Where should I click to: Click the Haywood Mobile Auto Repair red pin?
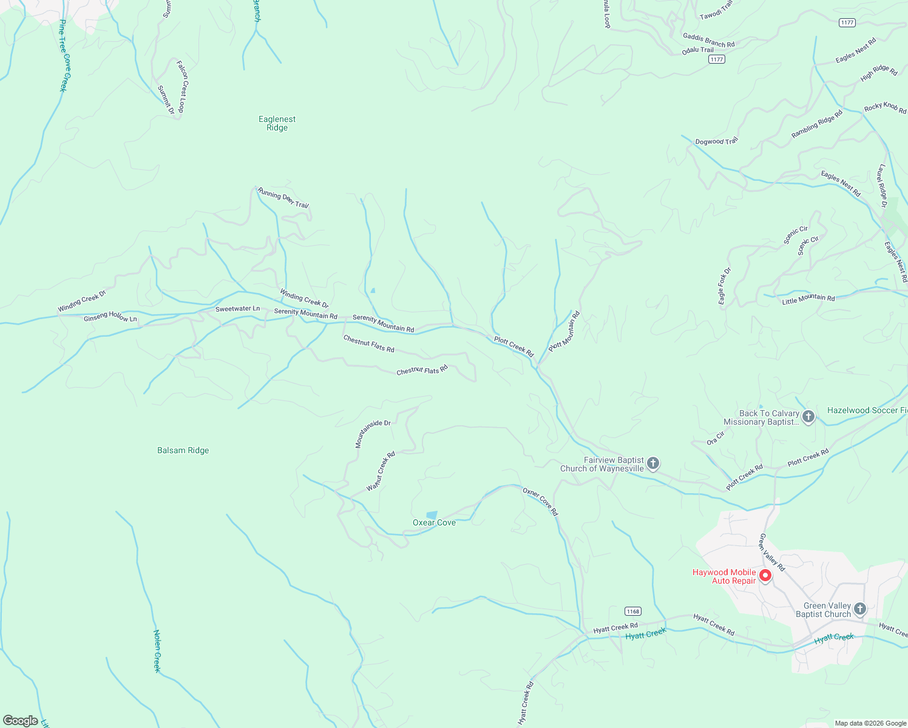tap(765, 575)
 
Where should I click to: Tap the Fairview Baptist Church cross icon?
tap(653, 464)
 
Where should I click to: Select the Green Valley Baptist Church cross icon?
tap(859, 608)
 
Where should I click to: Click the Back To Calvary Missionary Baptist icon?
tap(808, 417)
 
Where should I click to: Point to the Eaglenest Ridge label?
tap(277, 123)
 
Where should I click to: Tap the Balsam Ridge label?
tap(183, 450)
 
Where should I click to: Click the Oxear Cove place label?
tap(434, 522)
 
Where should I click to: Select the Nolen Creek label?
tap(157, 651)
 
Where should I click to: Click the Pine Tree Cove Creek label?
tap(64, 56)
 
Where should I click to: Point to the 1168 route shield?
tap(632, 611)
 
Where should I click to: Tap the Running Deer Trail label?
tap(283, 198)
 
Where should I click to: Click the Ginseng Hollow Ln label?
tap(110, 317)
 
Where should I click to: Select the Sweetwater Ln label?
tap(237, 309)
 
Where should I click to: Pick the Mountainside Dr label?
tap(372, 433)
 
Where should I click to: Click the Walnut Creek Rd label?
tap(381, 471)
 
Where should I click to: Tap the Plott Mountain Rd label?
tap(564, 331)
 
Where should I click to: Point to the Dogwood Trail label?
tap(716, 141)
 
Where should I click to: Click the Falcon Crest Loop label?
tap(181, 86)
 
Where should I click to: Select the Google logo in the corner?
tap(21, 721)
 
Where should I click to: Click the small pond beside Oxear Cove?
tap(432, 515)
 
